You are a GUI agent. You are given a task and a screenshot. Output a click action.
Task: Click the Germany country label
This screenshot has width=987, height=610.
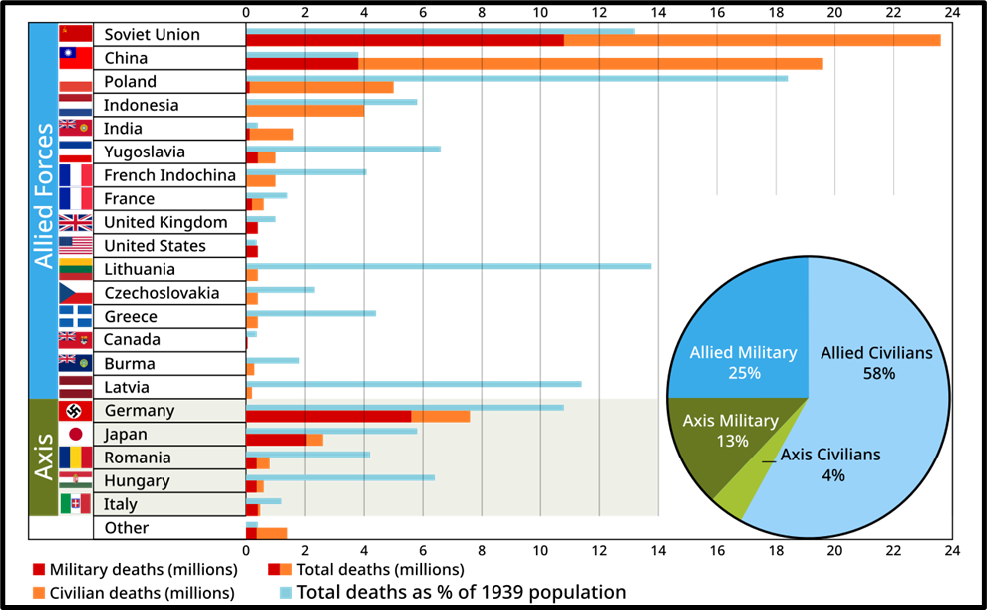coord(140,411)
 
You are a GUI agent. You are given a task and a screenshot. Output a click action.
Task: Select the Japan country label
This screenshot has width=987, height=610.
coord(126,435)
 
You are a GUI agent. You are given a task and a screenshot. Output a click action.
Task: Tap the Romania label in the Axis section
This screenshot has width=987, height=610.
coord(138,458)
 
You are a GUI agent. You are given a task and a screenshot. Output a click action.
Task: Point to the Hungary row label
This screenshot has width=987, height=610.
coord(137,481)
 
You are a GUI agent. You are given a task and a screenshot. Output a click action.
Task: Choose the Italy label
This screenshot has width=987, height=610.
coord(121,505)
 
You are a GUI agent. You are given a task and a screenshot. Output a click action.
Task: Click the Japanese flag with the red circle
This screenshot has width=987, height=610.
coord(76,434)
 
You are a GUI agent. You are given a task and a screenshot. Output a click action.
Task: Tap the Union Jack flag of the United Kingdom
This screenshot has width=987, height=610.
coord(76,222)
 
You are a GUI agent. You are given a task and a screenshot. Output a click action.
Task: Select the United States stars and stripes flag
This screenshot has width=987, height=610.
coord(76,245)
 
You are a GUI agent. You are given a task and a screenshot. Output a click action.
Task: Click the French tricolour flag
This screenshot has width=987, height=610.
coord(76,187)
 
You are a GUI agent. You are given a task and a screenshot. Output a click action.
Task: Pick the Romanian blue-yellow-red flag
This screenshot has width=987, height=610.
coord(76,457)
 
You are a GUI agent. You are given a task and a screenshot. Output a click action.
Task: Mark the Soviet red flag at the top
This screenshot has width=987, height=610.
coord(76,33)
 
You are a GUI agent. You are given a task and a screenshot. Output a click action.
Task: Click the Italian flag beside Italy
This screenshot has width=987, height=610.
coord(76,505)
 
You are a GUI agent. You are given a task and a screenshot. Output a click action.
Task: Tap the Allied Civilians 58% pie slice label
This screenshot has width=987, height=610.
coord(876,363)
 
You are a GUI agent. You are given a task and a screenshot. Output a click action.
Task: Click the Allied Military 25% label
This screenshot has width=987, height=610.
coord(743,363)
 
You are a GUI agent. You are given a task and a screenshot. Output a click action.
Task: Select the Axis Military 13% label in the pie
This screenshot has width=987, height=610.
coord(731,431)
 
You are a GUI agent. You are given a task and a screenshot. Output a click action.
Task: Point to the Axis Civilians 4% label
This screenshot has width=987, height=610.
coord(830,464)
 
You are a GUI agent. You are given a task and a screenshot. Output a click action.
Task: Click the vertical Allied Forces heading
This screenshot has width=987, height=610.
coord(44,195)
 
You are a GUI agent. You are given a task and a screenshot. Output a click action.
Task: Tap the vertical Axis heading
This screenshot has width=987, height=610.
coord(44,457)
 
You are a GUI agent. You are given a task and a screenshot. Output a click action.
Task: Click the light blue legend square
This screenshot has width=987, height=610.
coord(286,592)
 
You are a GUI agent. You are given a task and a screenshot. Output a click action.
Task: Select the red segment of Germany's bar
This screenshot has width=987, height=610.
coord(328,416)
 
